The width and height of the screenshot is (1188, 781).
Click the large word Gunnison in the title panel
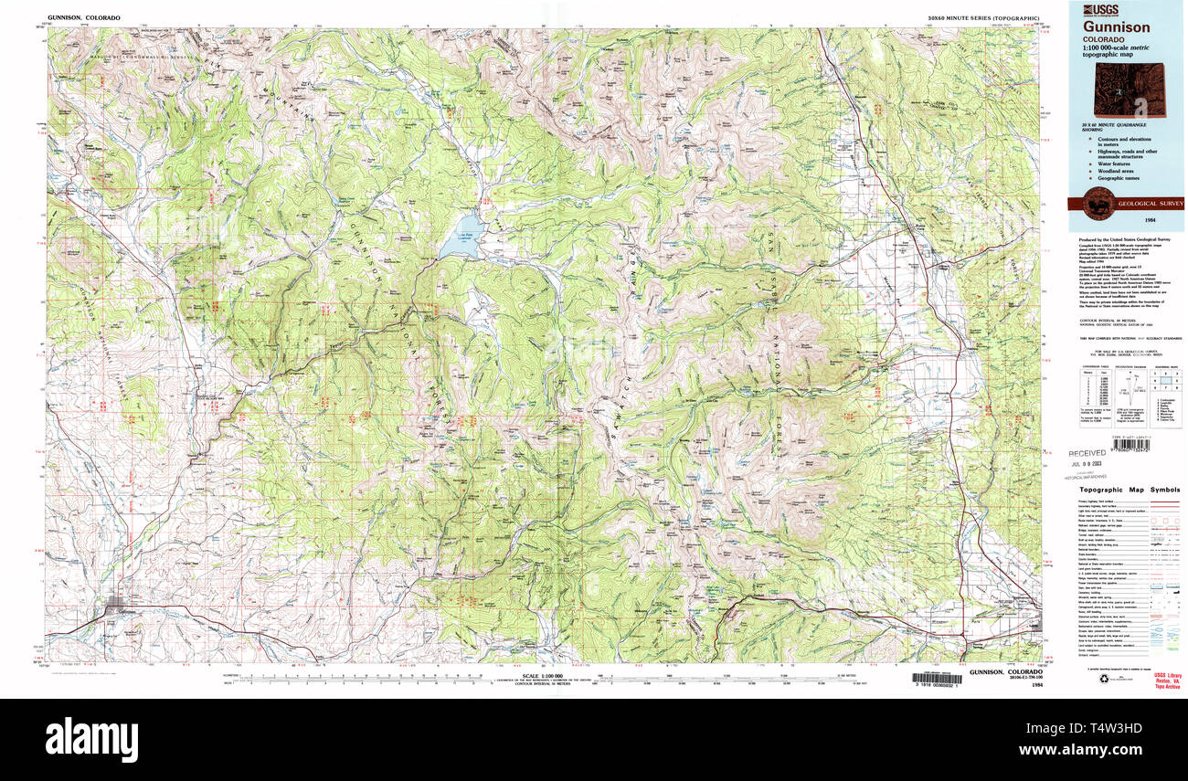click(x=1117, y=28)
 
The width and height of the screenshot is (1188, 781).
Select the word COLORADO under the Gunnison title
click(x=1104, y=41)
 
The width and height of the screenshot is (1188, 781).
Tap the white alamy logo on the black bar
click(x=91, y=738)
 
